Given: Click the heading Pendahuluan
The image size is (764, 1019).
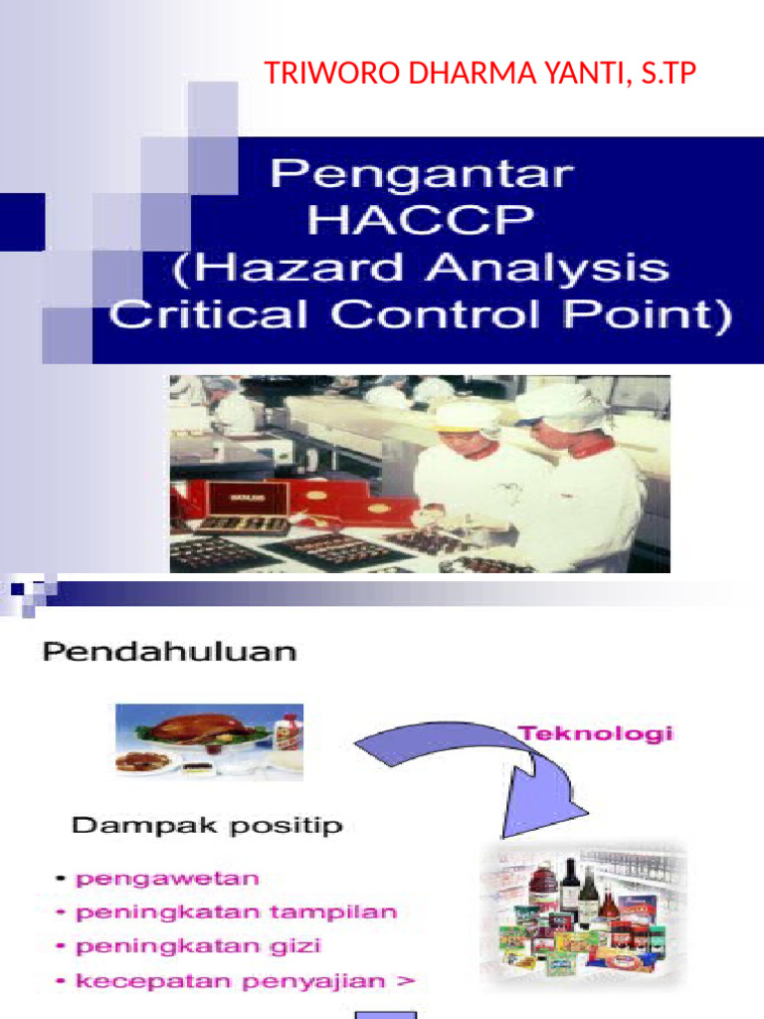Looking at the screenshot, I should click(169, 654).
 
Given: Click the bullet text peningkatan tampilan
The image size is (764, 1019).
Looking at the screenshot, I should click(237, 912).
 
